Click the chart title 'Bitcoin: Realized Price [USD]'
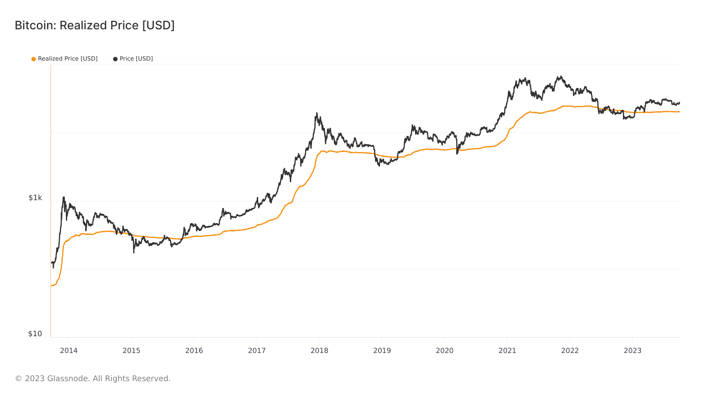(x=95, y=25)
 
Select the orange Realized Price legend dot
(x=34, y=59)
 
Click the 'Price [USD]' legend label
(x=136, y=59)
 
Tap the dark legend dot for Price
(x=115, y=59)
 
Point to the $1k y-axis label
(x=35, y=198)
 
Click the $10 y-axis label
(x=35, y=334)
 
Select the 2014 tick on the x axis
(x=69, y=351)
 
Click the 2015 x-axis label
(x=131, y=351)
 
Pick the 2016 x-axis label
(x=194, y=351)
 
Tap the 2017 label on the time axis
(x=257, y=351)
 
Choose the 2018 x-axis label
(x=319, y=351)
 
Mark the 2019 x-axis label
(x=382, y=351)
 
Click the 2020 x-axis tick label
(x=444, y=351)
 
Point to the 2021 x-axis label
(x=507, y=351)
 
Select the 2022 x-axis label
(x=570, y=351)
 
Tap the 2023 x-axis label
(x=632, y=351)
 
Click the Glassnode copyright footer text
(x=93, y=378)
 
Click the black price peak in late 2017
(x=317, y=113)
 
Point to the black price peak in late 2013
(x=63, y=197)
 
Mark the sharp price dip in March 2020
(x=457, y=153)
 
